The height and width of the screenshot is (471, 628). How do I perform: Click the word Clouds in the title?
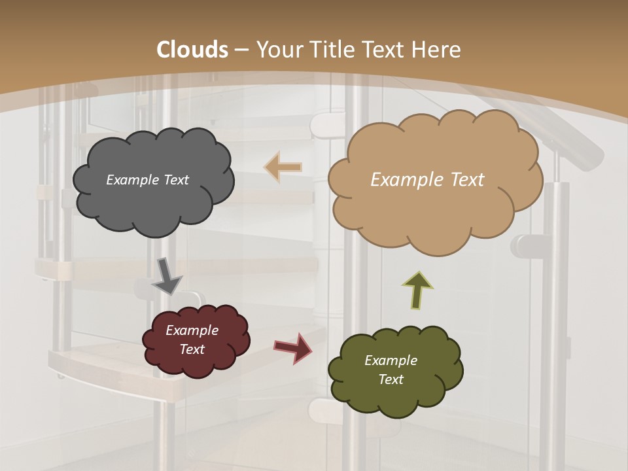click(192, 50)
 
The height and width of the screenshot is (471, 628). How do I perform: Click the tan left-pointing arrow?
click(283, 167)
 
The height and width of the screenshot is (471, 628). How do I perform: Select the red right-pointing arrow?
click(292, 347)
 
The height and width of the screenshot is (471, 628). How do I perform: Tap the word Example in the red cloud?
click(192, 330)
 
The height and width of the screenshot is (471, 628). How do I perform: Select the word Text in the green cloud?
click(391, 379)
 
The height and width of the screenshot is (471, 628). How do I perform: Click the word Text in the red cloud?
click(192, 349)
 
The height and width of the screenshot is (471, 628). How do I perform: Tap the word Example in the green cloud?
click(391, 360)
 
